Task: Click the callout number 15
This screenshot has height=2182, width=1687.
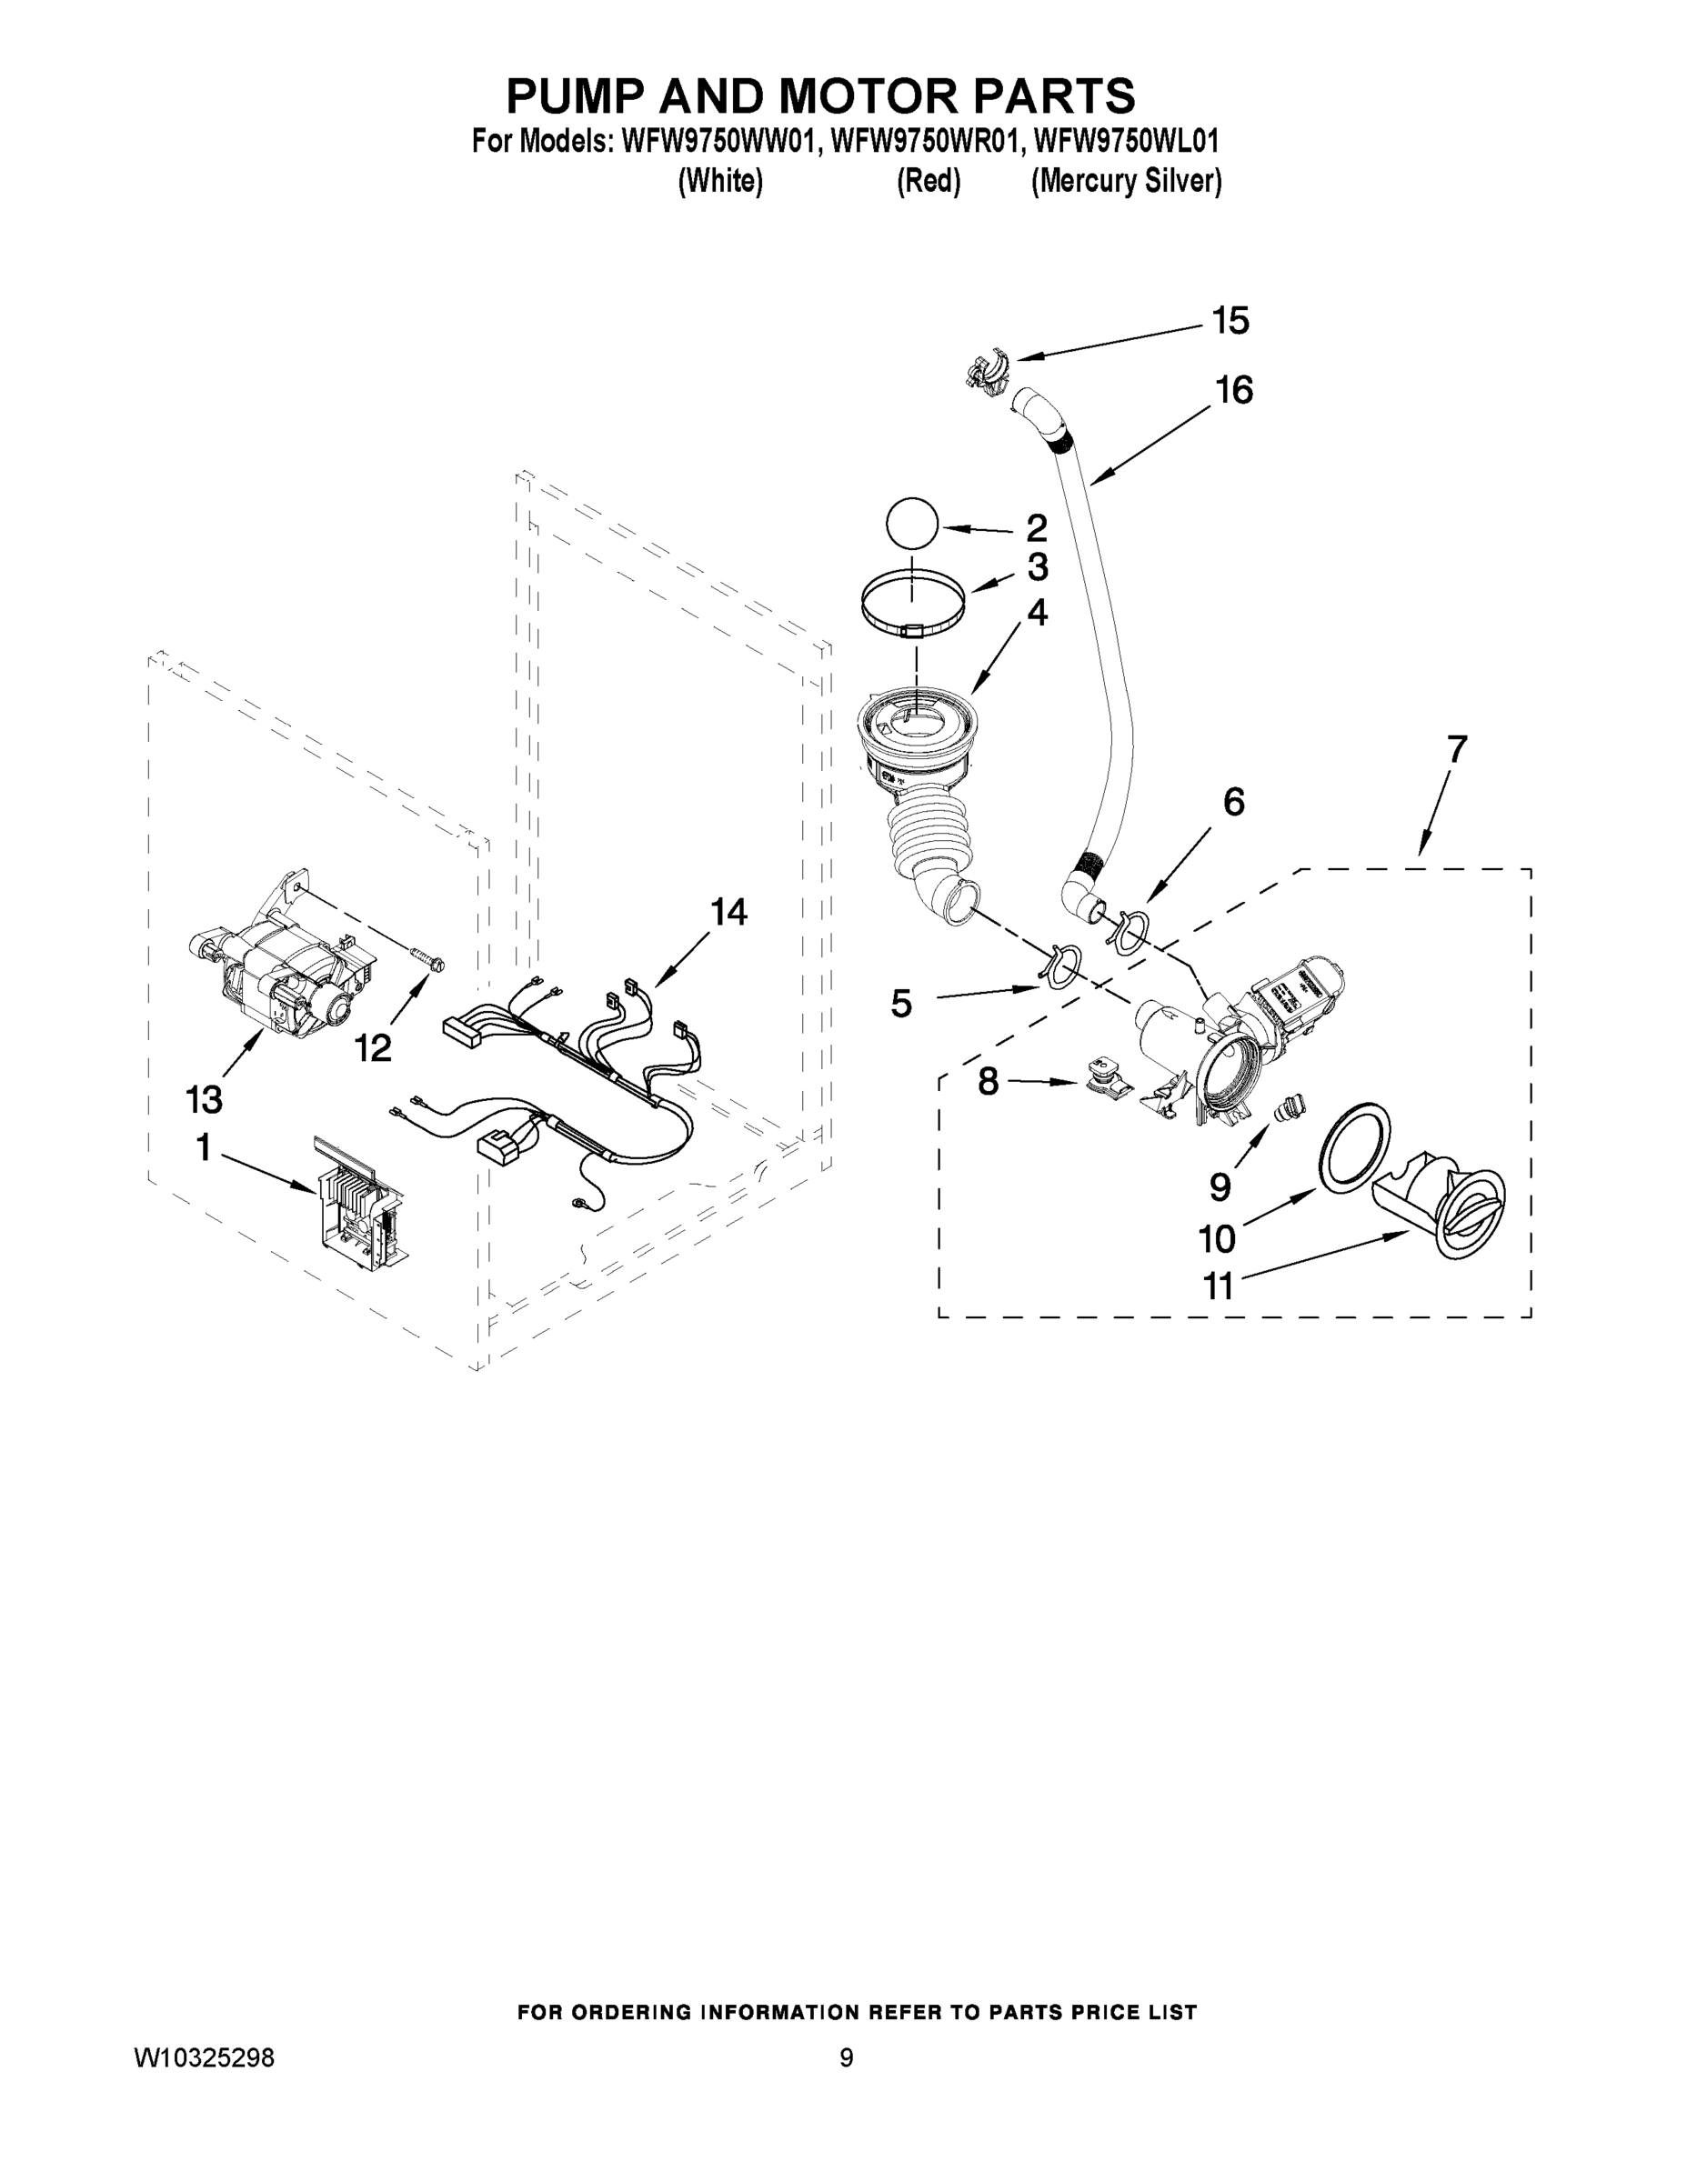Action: click(x=1230, y=322)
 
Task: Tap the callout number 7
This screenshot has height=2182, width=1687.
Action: click(x=1456, y=748)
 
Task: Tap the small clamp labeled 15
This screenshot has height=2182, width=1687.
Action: click(x=984, y=372)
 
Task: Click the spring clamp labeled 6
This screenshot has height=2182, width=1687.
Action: click(x=1126, y=927)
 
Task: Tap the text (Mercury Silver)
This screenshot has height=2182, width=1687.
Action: click(x=1126, y=182)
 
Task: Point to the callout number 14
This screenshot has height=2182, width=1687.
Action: click(x=728, y=912)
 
